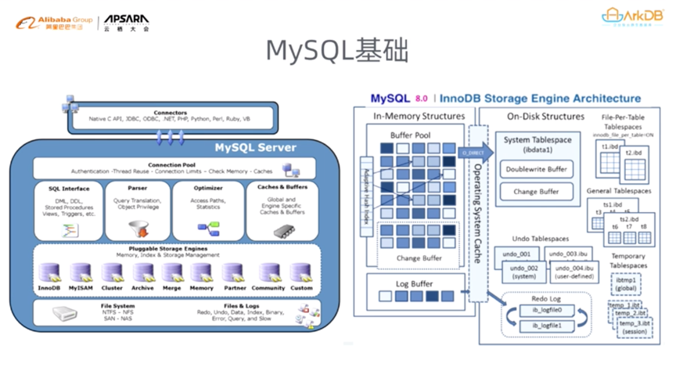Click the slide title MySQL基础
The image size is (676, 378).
click(337, 51)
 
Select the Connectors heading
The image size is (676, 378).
click(170, 113)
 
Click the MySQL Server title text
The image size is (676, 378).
click(255, 148)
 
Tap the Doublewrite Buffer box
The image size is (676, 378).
click(537, 169)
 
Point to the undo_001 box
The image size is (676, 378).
click(516, 254)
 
